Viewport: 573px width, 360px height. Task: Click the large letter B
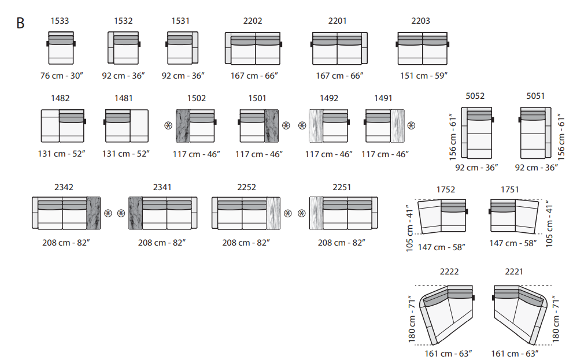(x=20, y=23)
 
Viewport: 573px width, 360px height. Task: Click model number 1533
(x=60, y=21)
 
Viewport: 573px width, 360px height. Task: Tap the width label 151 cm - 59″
(x=424, y=76)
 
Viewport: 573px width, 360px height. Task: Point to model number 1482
(x=60, y=98)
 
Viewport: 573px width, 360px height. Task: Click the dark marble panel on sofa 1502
(x=183, y=126)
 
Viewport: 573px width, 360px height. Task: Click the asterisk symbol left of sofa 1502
(x=168, y=125)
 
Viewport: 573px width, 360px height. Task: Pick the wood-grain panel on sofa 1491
(x=398, y=126)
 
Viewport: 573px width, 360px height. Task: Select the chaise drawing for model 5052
(x=477, y=133)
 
